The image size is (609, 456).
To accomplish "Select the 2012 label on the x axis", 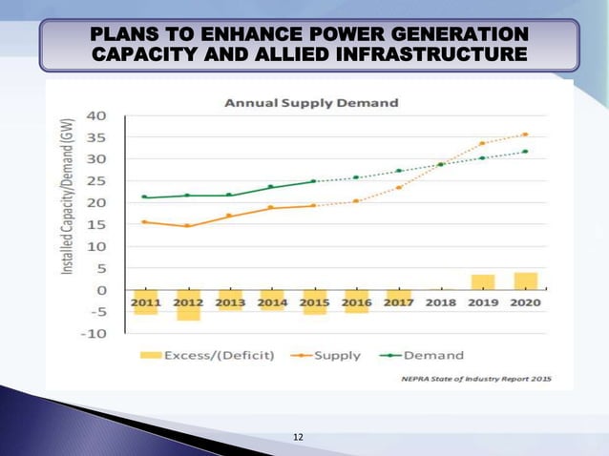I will (188, 302).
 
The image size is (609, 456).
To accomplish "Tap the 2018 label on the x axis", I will (440, 302).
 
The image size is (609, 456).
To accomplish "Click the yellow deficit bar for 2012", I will (188, 311).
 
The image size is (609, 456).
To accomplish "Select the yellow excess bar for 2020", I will (525, 280).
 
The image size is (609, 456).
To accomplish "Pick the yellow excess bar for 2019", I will (483, 281).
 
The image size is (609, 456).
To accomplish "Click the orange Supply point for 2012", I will (188, 226).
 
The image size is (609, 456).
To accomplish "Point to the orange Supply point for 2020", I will (525, 135).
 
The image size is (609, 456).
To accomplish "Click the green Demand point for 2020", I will (525, 152).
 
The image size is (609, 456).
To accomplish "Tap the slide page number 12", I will (299, 437).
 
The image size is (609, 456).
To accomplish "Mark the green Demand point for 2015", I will (313, 181).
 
